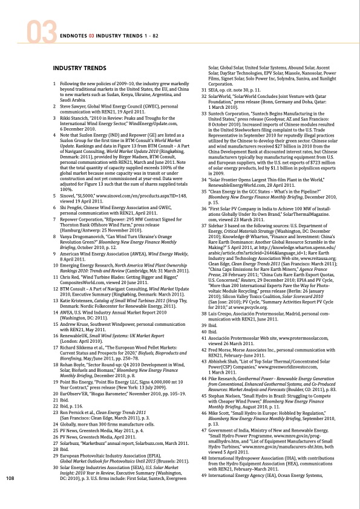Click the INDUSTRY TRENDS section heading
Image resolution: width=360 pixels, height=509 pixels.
77,68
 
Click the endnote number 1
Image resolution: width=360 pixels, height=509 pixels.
55,83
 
